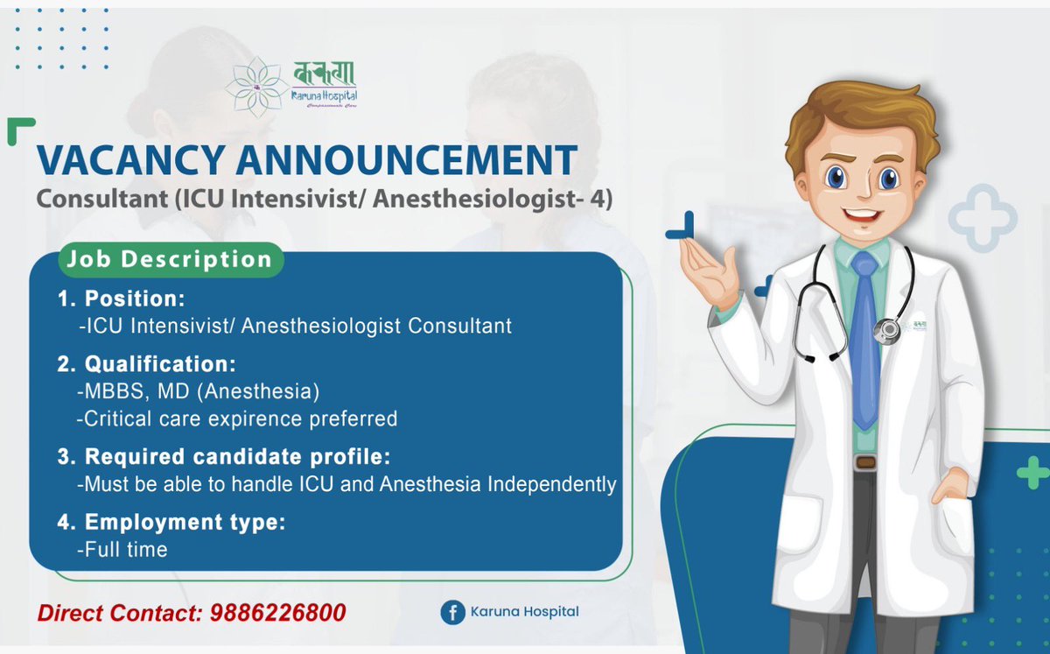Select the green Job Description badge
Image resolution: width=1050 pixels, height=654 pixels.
click(x=171, y=260)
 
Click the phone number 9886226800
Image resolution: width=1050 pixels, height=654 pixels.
click(x=278, y=612)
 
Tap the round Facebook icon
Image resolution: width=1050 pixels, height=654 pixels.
click(x=451, y=612)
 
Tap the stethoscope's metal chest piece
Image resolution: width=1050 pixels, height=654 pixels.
click(x=888, y=331)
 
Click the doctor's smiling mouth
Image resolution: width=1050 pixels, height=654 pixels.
click(x=864, y=214)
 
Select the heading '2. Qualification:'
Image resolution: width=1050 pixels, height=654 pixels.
click(x=147, y=363)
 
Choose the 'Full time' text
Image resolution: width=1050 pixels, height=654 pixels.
click(x=122, y=550)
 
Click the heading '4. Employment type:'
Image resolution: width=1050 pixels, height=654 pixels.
click(x=171, y=523)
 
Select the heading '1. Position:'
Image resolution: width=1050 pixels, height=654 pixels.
click(x=122, y=299)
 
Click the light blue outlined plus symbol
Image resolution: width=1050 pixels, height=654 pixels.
click(x=983, y=219)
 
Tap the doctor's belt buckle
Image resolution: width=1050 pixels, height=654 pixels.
click(x=865, y=461)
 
